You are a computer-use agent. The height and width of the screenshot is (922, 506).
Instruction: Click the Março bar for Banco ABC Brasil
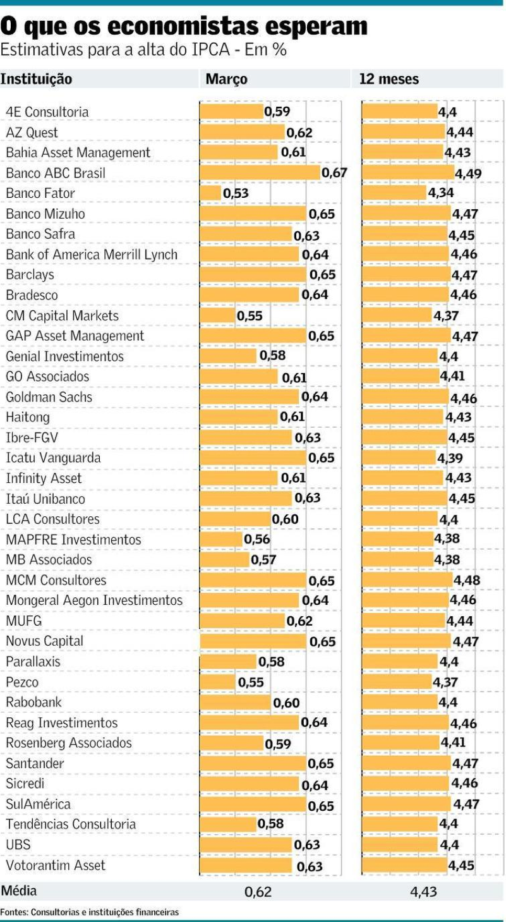coord(260,173)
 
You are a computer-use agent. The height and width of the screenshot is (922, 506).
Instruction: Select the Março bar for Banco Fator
coord(210,193)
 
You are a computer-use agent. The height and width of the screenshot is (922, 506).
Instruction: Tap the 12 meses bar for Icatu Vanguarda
coord(399,458)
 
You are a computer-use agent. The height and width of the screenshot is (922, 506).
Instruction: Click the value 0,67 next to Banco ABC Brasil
coord(335,173)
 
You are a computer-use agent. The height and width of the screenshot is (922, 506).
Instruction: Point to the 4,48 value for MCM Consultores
coord(466,580)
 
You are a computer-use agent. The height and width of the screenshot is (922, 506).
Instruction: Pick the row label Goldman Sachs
coord(49,397)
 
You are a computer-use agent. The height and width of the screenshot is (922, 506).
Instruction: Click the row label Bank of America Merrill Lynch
coord(92,255)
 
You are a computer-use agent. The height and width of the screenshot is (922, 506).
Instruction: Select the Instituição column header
coord(36,79)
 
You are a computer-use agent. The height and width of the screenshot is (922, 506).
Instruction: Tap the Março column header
coord(226,79)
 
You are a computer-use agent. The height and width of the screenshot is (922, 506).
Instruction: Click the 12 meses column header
coord(389,79)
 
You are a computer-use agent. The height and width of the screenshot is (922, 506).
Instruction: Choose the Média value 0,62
coord(258,892)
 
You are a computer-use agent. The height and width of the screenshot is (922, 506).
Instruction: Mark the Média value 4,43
coord(423,892)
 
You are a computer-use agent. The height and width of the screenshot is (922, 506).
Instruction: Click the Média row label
coord(19,891)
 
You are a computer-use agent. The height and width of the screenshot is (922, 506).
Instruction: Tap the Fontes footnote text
coord(89,912)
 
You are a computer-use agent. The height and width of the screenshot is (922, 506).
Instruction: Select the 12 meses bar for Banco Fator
coord(394,193)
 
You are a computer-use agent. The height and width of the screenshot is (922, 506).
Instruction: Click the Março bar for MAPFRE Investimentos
coord(221,539)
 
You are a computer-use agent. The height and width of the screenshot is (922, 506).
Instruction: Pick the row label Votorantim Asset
coord(56,865)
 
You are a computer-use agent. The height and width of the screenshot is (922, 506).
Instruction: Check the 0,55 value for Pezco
coord(251,682)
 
